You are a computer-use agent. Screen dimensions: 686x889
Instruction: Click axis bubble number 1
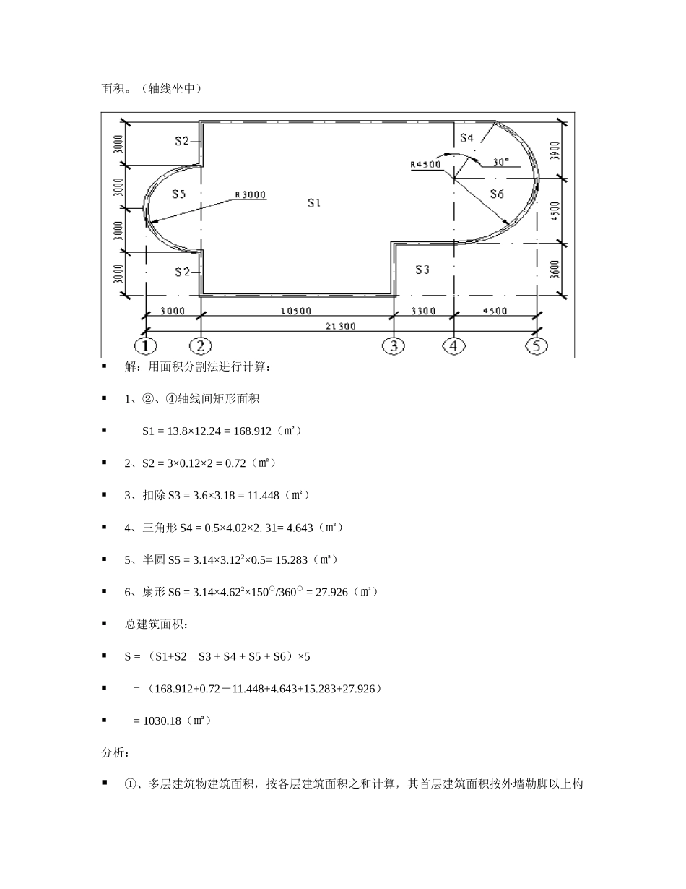[x=147, y=345]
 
